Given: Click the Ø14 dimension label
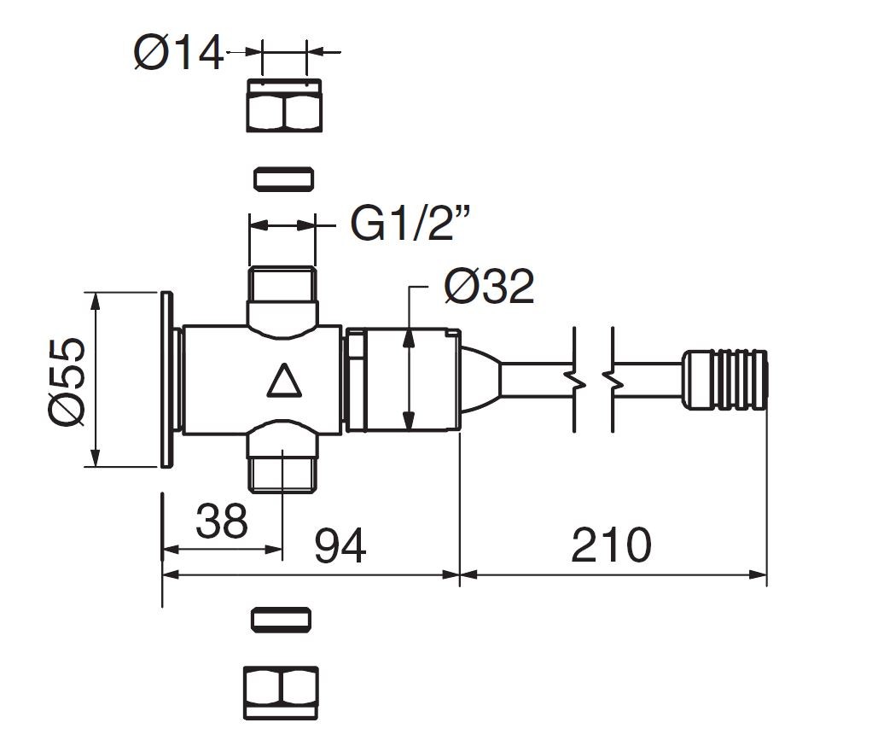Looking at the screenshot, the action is click(x=178, y=53).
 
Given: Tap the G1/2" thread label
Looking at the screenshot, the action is click(x=410, y=224).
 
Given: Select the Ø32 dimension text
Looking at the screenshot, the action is click(x=489, y=287).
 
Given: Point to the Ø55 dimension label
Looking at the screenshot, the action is click(x=67, y=382).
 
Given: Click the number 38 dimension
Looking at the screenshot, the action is click(x=221, y=521).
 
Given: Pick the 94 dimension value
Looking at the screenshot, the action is click(x=340, y=545).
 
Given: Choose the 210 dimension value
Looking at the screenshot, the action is click(x=611, y=545).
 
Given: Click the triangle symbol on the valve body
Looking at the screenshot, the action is click(x=284, y=381).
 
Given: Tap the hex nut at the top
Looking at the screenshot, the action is click(x=284, y=105).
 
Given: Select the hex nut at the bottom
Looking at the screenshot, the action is click(x=281, y=693).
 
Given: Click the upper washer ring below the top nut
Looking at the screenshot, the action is click(x=283, y=179).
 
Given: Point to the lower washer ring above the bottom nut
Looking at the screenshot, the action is click(x=281, y=620).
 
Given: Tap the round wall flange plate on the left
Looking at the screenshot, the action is click(x=166, y=379).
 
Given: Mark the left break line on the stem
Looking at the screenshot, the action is click(x=575, y=380).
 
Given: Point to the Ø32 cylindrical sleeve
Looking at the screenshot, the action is click(x=403, y=381).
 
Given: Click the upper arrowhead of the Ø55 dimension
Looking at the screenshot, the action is click(x=96, y=300).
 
